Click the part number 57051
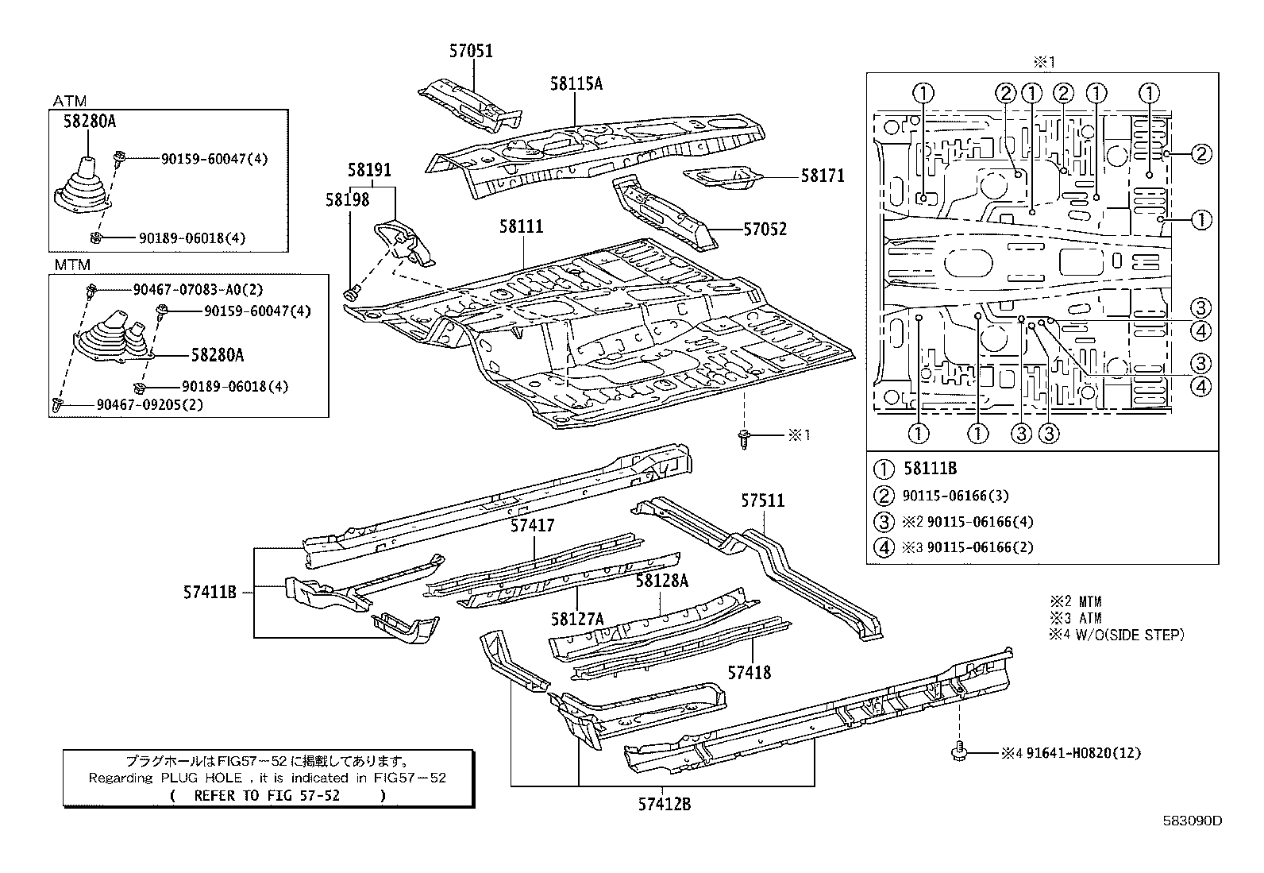pos(471,52)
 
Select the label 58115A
pos(576,83)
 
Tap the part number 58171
pos(823,176)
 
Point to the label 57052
pos(765,230)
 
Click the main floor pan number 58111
pos(522,227)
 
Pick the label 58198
pos(347,200)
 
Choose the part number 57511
pos(763,500)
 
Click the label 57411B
pos(210,592)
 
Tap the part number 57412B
pos(664,804)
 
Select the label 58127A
pos(577,619)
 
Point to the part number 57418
pos(750,673)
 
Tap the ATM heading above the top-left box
pos(70,101)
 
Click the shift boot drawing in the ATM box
pos(83,187)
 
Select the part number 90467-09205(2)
pos(150,404)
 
